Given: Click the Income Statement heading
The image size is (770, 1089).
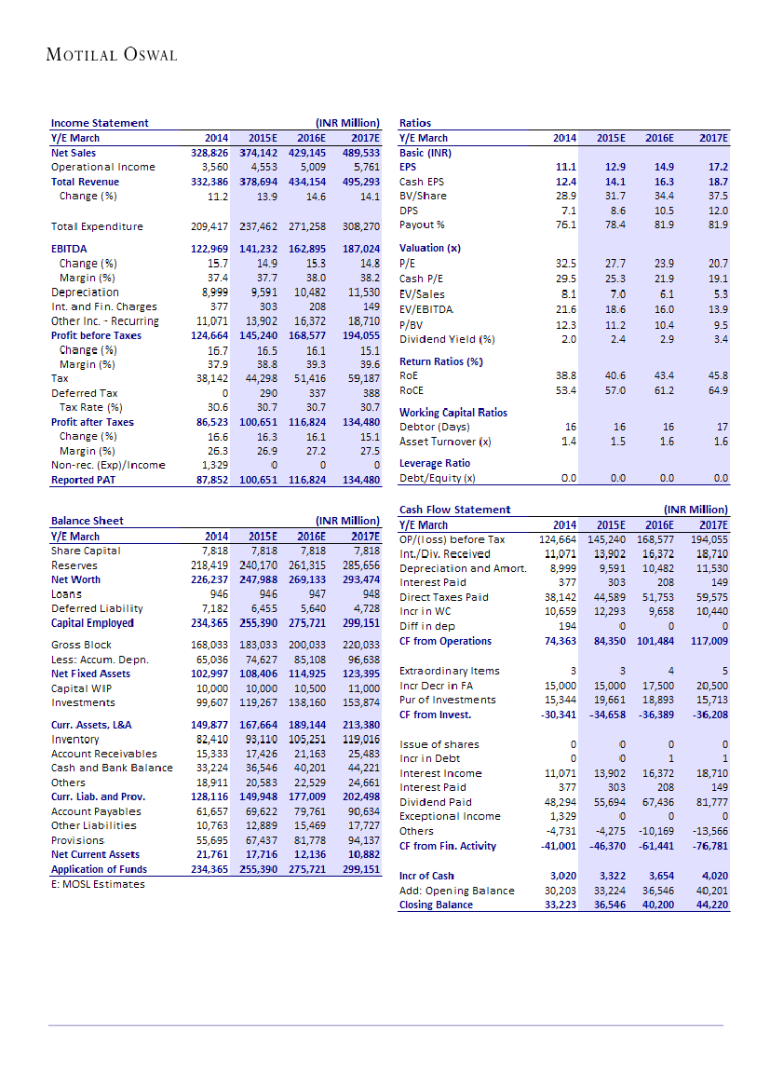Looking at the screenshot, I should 99,123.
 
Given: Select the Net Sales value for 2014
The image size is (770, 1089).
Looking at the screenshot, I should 209,153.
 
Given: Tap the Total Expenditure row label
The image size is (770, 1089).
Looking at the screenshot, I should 97,226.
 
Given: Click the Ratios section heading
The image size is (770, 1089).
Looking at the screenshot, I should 414,123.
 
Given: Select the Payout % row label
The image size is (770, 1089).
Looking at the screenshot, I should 422,225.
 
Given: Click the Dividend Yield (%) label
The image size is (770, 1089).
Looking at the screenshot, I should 446,339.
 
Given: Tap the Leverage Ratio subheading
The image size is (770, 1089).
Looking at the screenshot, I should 435,463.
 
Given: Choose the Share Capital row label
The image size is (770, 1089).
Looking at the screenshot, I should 86,551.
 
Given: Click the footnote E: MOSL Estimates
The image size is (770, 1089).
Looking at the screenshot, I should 98,884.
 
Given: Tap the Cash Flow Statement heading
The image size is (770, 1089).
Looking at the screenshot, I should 454,510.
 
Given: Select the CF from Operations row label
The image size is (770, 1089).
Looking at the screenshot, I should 445,641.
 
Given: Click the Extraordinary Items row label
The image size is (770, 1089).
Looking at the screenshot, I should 449,671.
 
